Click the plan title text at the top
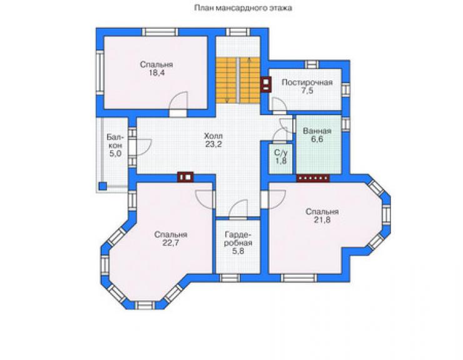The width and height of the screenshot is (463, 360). click(243, 8)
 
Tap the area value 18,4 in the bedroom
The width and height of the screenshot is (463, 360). click(157, 73)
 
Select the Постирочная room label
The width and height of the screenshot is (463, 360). click(307, 83)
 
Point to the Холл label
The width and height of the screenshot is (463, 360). click(213, 136)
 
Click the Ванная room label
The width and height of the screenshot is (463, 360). click(317, 131)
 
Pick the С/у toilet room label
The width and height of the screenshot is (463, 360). click(280, 153)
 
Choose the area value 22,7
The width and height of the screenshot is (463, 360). click(170, 243)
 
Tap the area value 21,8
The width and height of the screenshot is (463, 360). click(322, 220)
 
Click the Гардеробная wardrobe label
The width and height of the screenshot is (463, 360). click(238, 239)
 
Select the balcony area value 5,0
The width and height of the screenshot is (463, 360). click(116, 153)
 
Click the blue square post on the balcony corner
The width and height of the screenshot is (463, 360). click(103, 186)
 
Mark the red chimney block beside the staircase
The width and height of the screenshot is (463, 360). click(266, 85)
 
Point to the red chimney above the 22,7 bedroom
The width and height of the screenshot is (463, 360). click(185, 177)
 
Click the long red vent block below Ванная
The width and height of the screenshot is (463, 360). click(313, 178)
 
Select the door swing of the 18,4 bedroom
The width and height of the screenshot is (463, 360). click(179, 101)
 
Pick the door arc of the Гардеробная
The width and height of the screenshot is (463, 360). click(238, 209)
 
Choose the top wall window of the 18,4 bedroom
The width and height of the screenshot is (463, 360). click(160, 32)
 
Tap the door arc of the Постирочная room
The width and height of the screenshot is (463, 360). click(279, 105)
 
